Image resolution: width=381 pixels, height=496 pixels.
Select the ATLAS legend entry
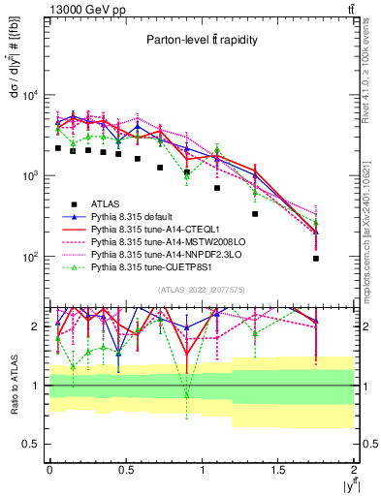pyautogui.click(x=106, y=203)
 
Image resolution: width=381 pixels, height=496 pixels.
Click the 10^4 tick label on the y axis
pyautogui.click(x=28, y=95)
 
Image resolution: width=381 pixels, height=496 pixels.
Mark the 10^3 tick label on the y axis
pyautogui.click(x=28, y=176)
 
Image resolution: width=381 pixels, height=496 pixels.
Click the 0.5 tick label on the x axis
pyautogui.click(x=125, y=470)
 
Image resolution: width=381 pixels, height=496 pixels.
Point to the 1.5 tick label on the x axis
pyautogui.click(x=278, y=470)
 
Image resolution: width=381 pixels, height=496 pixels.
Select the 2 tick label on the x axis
pyautogui.click(x=355, y=470)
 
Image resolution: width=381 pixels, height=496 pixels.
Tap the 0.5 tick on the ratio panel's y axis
pyautogui.click(x=30, y=444)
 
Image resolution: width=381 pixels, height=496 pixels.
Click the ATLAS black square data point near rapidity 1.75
pyautogui.click(x=316, y=259)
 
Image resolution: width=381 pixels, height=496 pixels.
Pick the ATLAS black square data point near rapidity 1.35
pyautogui.click(x=255, y=214)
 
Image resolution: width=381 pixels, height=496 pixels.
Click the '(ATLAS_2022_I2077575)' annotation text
pyautogui.click(x=201, y=289)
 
